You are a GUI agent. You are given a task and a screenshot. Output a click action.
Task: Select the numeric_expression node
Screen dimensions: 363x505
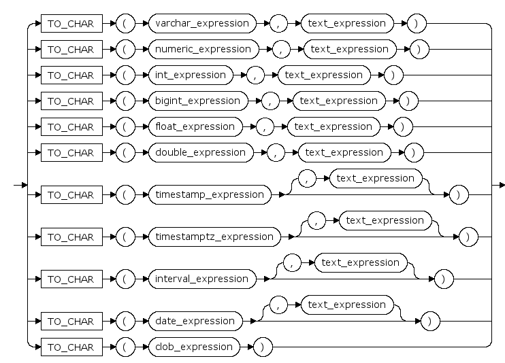[203, 49]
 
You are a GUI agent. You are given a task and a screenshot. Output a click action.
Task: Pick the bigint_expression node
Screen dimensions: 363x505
[198, 101]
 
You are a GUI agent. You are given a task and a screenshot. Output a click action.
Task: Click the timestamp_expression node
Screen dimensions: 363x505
[208, 194]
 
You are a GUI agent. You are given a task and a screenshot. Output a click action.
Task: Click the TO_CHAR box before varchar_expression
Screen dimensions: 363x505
[71, 23]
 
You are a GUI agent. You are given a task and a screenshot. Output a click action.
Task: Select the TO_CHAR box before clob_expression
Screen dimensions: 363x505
[71, 347]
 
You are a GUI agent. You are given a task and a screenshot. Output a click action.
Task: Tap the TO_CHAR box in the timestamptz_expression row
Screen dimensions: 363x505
[71, 237]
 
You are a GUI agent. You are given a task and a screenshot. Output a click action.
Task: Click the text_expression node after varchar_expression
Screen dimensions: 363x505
[346, 23]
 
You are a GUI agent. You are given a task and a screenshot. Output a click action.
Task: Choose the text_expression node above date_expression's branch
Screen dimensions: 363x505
[346, 305]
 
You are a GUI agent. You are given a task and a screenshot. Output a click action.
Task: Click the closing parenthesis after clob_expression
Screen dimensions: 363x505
[262, 347]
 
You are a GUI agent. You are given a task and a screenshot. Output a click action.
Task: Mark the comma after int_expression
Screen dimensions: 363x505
[255, 75]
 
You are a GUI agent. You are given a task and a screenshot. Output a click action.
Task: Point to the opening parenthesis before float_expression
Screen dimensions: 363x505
[126, 126]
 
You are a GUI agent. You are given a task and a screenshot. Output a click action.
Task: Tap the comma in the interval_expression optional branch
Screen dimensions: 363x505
[292, 262]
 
